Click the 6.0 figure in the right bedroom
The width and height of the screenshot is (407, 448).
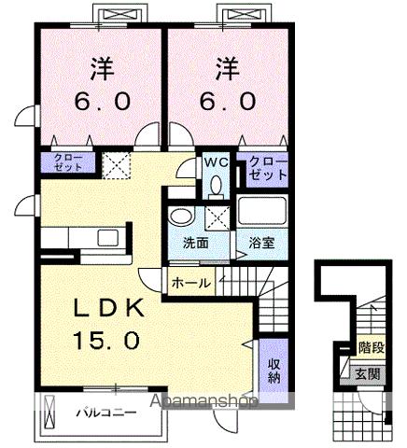tap(224, 101)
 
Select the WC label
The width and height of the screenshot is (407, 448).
tap(216, 161)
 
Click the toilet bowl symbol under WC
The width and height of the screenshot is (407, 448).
tap(216, 184)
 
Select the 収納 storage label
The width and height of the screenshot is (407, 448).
tap(274, 371)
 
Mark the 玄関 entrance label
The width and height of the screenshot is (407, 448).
tap(370, 371)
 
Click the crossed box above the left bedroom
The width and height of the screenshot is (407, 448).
tap(118, 15)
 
